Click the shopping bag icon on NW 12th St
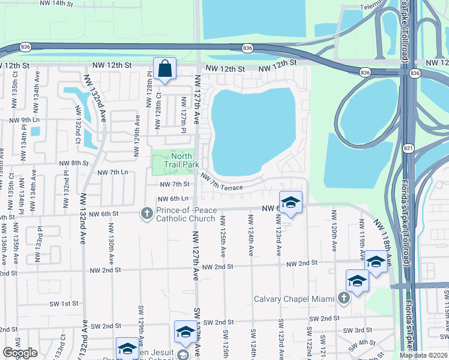coord(164,69)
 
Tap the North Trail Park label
coord(182,160)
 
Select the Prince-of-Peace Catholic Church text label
coord(185,214)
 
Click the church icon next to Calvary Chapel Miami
coord(344,298)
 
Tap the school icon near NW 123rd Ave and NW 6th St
coord(291,202)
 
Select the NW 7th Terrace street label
coord(222,182)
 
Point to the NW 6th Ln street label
coord(173,199)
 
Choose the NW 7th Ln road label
coord(113,172)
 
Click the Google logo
coord(20,353)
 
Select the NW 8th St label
coord(74,163)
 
